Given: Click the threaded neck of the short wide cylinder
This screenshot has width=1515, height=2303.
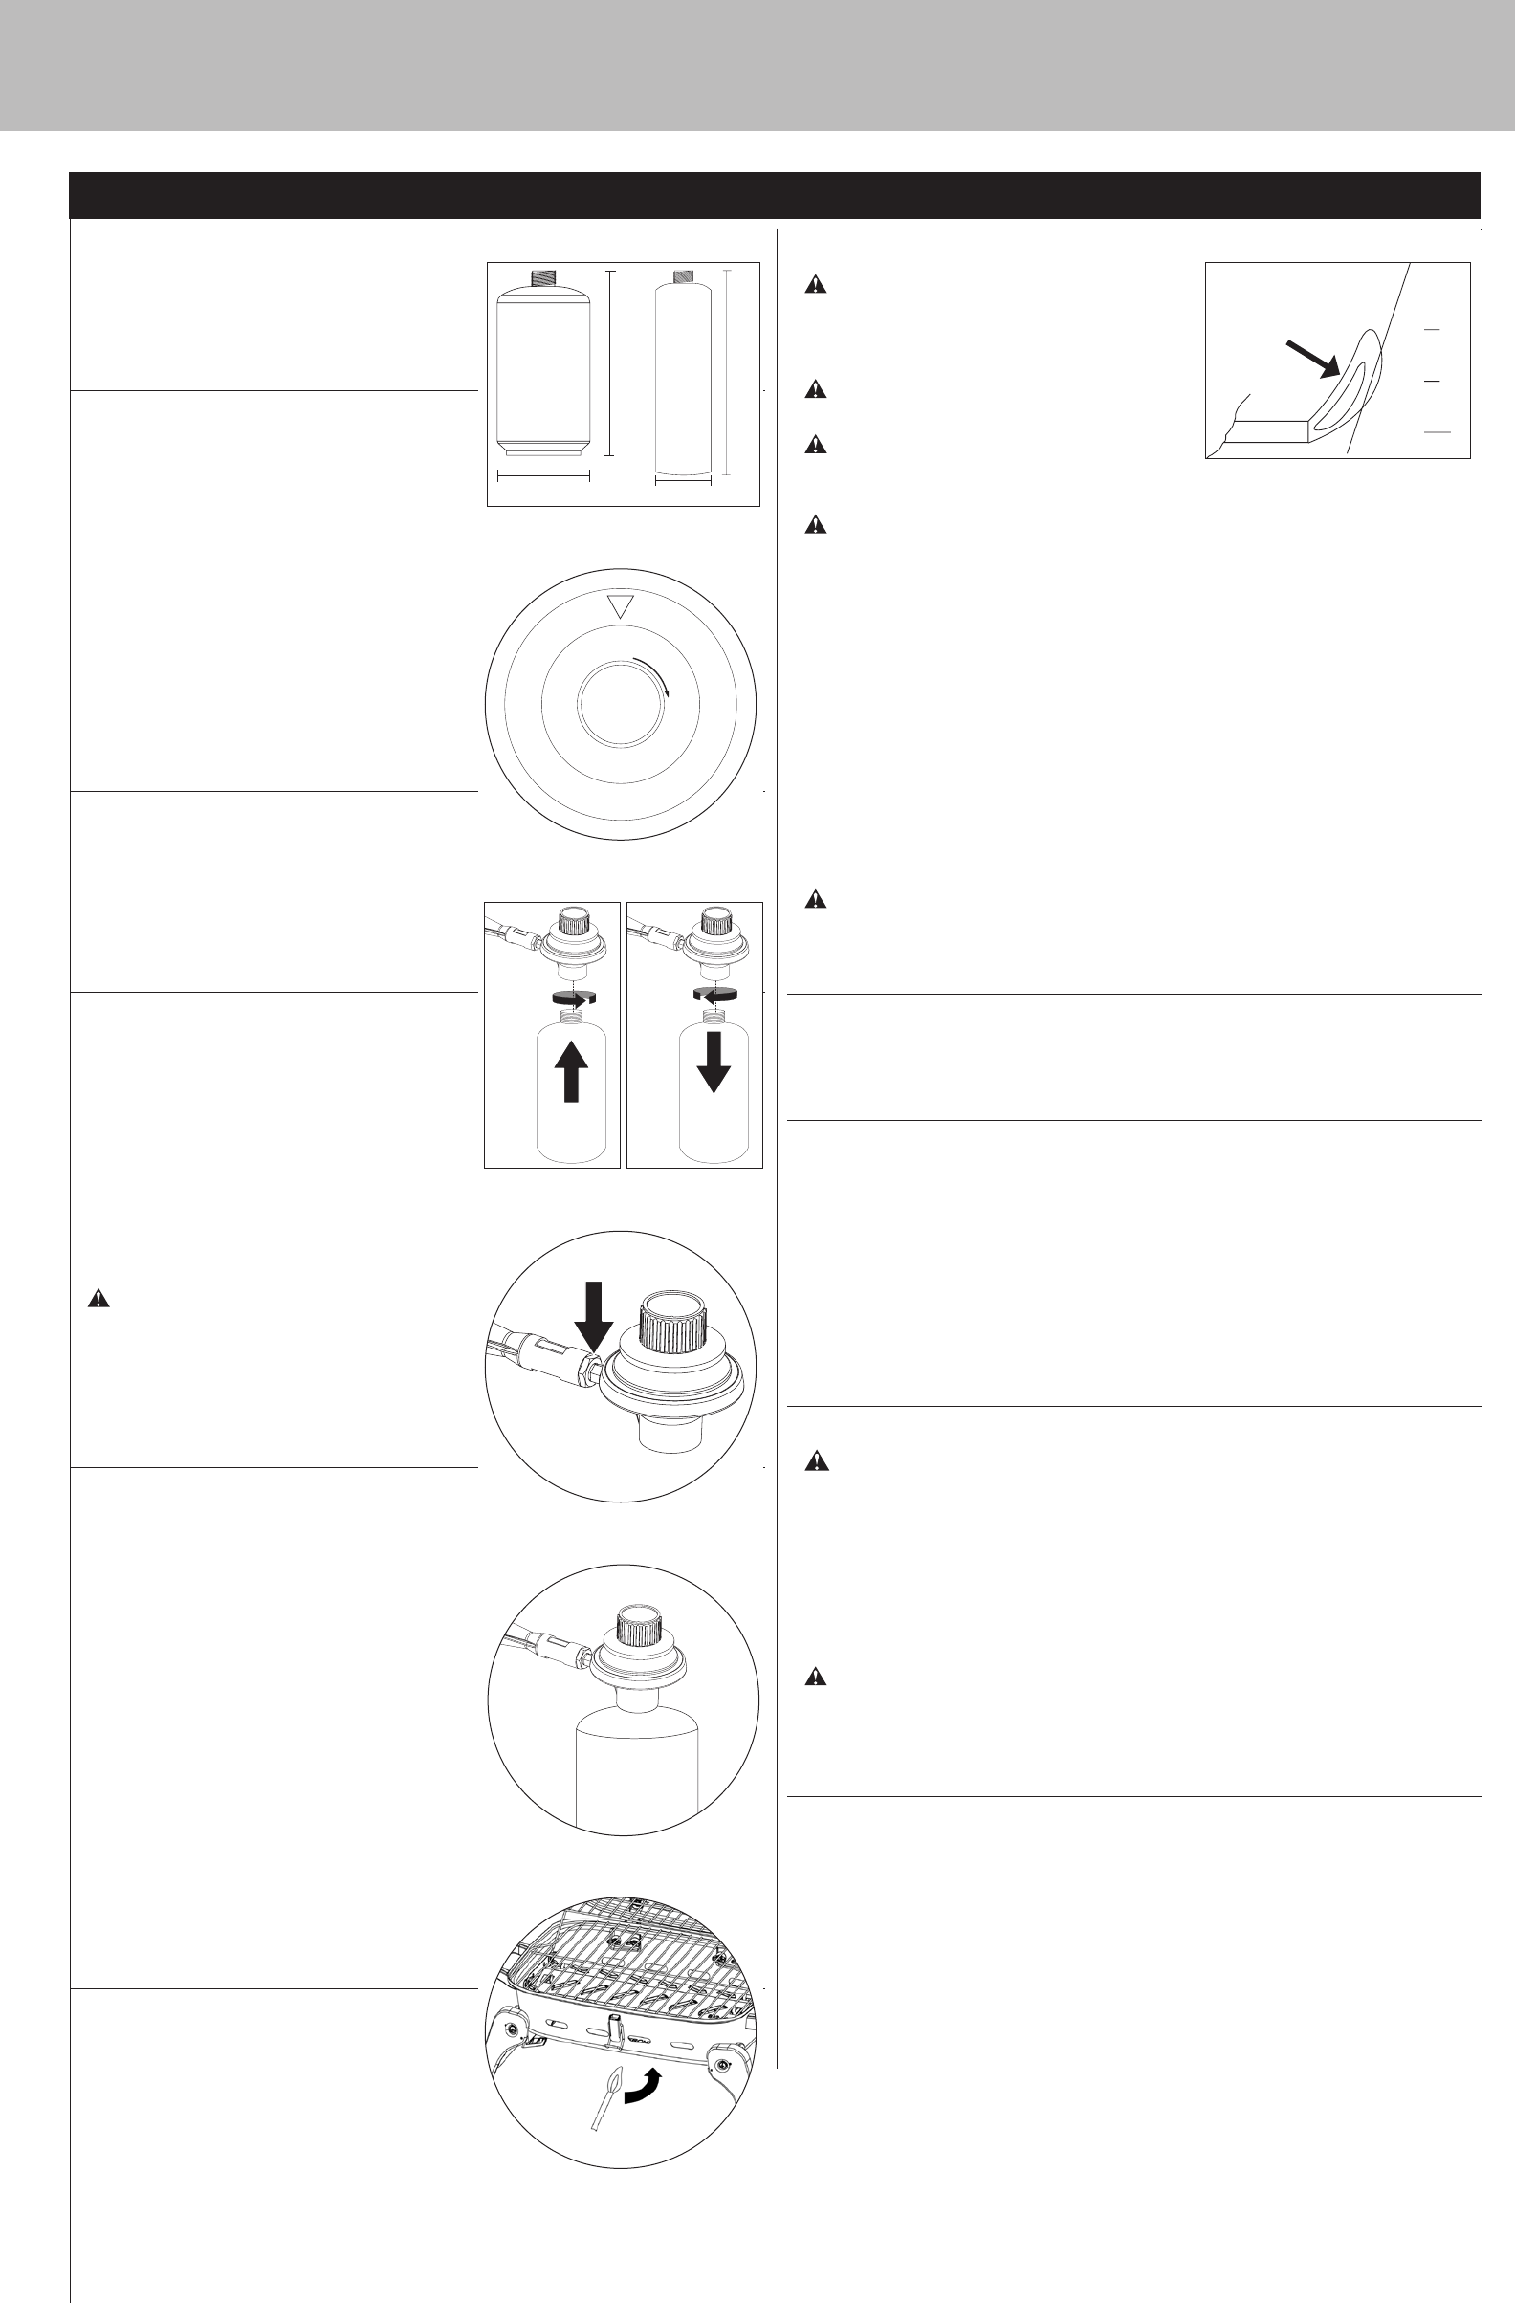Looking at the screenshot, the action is click(x=542, y=278).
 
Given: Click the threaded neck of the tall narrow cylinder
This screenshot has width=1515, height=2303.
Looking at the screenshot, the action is click(x=683, y=275).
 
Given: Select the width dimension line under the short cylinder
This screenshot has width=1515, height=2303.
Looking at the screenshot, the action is click(x=542, y=475).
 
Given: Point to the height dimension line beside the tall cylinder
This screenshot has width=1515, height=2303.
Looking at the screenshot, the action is click(x=726, y=373).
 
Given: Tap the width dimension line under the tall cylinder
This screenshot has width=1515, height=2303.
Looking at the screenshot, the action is click(x=683, y=481).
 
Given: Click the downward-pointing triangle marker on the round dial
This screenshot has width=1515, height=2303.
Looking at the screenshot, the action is click(x=620, y=608).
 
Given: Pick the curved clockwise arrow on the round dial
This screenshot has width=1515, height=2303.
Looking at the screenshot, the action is click(x=654, y=673).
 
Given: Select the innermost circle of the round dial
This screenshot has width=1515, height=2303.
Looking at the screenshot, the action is click(x=620, y=705).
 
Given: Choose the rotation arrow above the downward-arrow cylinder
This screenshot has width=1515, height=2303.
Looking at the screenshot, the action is click(x=714, y=994).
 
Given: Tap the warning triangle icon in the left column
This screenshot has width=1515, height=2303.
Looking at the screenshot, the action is click(x=99, y=1300).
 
